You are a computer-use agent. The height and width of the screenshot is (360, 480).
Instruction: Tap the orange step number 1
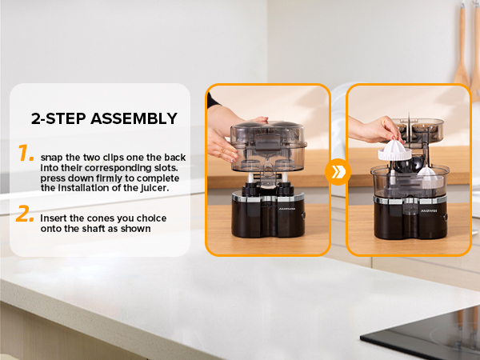[26, 153]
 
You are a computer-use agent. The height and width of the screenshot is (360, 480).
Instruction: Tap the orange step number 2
[25, 214]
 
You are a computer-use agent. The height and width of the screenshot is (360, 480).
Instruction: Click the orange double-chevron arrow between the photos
[338, 172]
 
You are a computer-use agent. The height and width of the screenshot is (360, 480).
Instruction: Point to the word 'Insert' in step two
[54, 218]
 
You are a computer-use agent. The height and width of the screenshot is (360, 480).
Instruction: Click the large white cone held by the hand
[394, 150]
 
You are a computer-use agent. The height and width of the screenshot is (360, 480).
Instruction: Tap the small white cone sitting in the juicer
[427, 174]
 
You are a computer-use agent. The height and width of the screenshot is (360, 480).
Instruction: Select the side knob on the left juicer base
[303, 215]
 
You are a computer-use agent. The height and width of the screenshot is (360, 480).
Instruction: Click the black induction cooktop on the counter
[429, 334]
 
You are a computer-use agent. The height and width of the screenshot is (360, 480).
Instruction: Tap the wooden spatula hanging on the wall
[462, 46]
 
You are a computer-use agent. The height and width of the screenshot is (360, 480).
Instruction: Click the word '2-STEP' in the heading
[58, 118]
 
